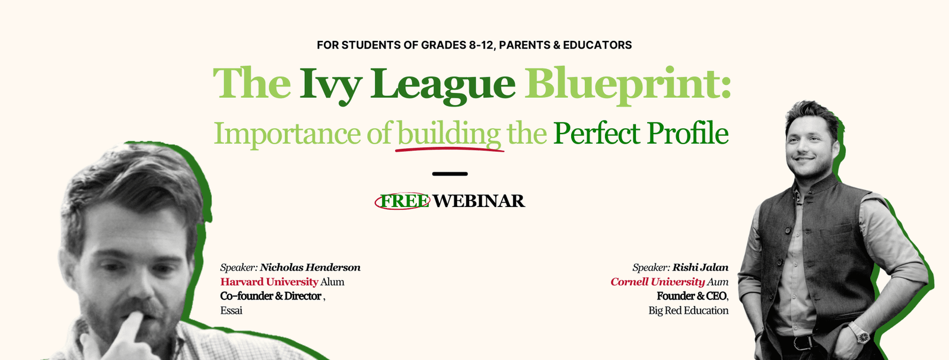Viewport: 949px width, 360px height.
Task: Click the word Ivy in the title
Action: [330, 85]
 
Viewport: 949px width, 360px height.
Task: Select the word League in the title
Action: [443, 85]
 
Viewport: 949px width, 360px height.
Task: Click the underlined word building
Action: [449, 134]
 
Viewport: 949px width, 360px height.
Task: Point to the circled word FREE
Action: [403, 201]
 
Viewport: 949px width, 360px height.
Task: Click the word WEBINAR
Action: [479, 200]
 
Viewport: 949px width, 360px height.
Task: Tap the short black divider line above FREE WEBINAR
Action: [450, 174]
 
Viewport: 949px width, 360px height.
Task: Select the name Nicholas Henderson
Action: [310, 267]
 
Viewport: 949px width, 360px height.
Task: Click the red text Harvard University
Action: [269, 282]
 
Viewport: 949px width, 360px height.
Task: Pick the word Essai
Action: [231, 310]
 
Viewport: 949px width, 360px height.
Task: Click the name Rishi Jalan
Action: [700, 267]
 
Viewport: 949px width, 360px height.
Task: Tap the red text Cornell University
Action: [658, 282]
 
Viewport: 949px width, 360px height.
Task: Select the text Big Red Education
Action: [689, 310]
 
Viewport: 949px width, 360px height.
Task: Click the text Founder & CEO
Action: [692, 295]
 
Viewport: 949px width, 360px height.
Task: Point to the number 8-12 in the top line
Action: [481, 45]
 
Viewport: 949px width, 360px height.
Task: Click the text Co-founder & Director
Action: [270, 295]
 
